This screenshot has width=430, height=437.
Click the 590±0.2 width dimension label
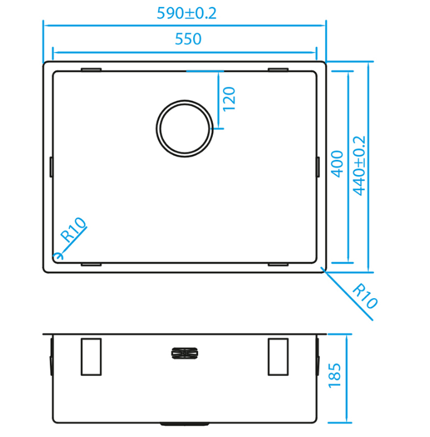pos(187,13)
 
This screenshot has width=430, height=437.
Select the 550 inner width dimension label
pos(188,39)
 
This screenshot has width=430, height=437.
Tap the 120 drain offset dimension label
pos(229,99)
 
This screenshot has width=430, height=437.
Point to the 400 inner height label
pos(337,164)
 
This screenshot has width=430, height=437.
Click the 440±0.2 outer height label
pos(359,166)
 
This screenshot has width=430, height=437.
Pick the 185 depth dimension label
pos(334,375)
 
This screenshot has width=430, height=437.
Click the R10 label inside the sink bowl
pos(74,229)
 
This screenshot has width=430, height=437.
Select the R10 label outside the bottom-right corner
pos(365,296)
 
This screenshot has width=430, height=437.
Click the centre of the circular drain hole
pos(184,128)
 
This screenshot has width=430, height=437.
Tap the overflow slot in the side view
pos(184,354)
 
